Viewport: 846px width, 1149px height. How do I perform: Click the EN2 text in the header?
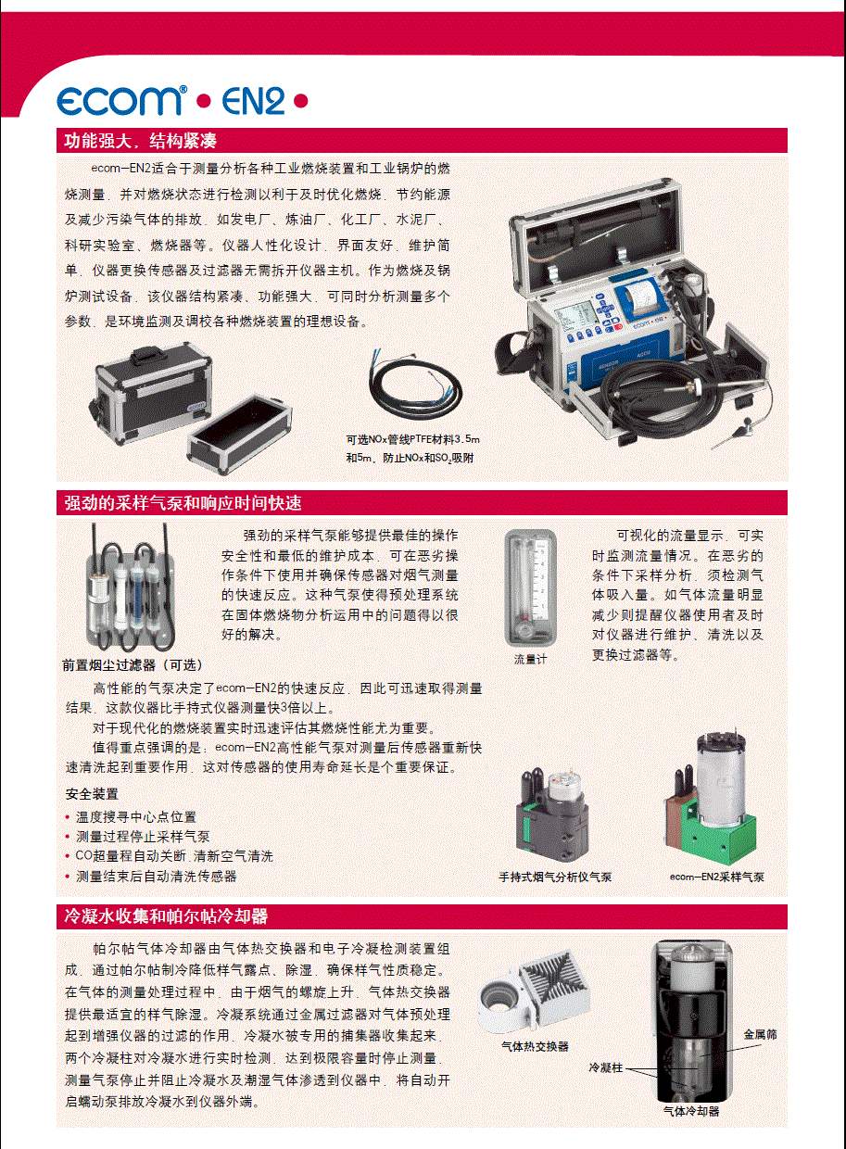click(x=253, y=100)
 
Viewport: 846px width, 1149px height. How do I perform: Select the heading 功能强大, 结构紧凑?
click(x=140, y=140)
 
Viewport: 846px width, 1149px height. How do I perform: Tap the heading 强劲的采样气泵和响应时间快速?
click(x=183, y=502)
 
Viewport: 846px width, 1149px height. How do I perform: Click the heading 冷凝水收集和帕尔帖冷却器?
click(x=166, y=916)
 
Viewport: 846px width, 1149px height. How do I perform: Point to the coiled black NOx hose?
click(x=414, y=385)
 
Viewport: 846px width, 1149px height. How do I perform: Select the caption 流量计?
click(x=530, y=659)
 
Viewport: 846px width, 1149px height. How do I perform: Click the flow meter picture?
click(x=530, y=587)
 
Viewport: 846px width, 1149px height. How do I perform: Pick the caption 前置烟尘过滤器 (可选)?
click(x=133, y=665)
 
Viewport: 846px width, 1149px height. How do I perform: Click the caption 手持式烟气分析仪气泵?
click(x=555, y=877)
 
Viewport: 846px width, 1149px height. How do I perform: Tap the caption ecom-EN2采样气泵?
click(x=717, y=877)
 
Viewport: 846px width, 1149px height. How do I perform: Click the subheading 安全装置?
click(x=92, y=794)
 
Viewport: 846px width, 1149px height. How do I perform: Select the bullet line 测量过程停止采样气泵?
click(x=143, y=837)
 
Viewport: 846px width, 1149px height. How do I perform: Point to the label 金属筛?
click(x=761, y=1035)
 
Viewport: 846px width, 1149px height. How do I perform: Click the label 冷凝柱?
click(x=605, y=1067)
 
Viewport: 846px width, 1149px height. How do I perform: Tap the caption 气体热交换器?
click(x=535, y=1046)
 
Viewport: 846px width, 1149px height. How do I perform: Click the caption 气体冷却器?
click(x=691, y=1111)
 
